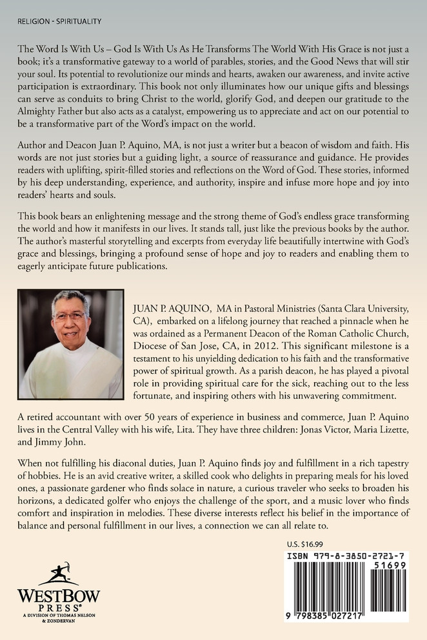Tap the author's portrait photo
pyautogui.click(x=70, y=344)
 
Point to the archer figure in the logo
pyautogui.click(x=59, y=572)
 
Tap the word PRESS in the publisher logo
pyautogui.click(x=57, y=607)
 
